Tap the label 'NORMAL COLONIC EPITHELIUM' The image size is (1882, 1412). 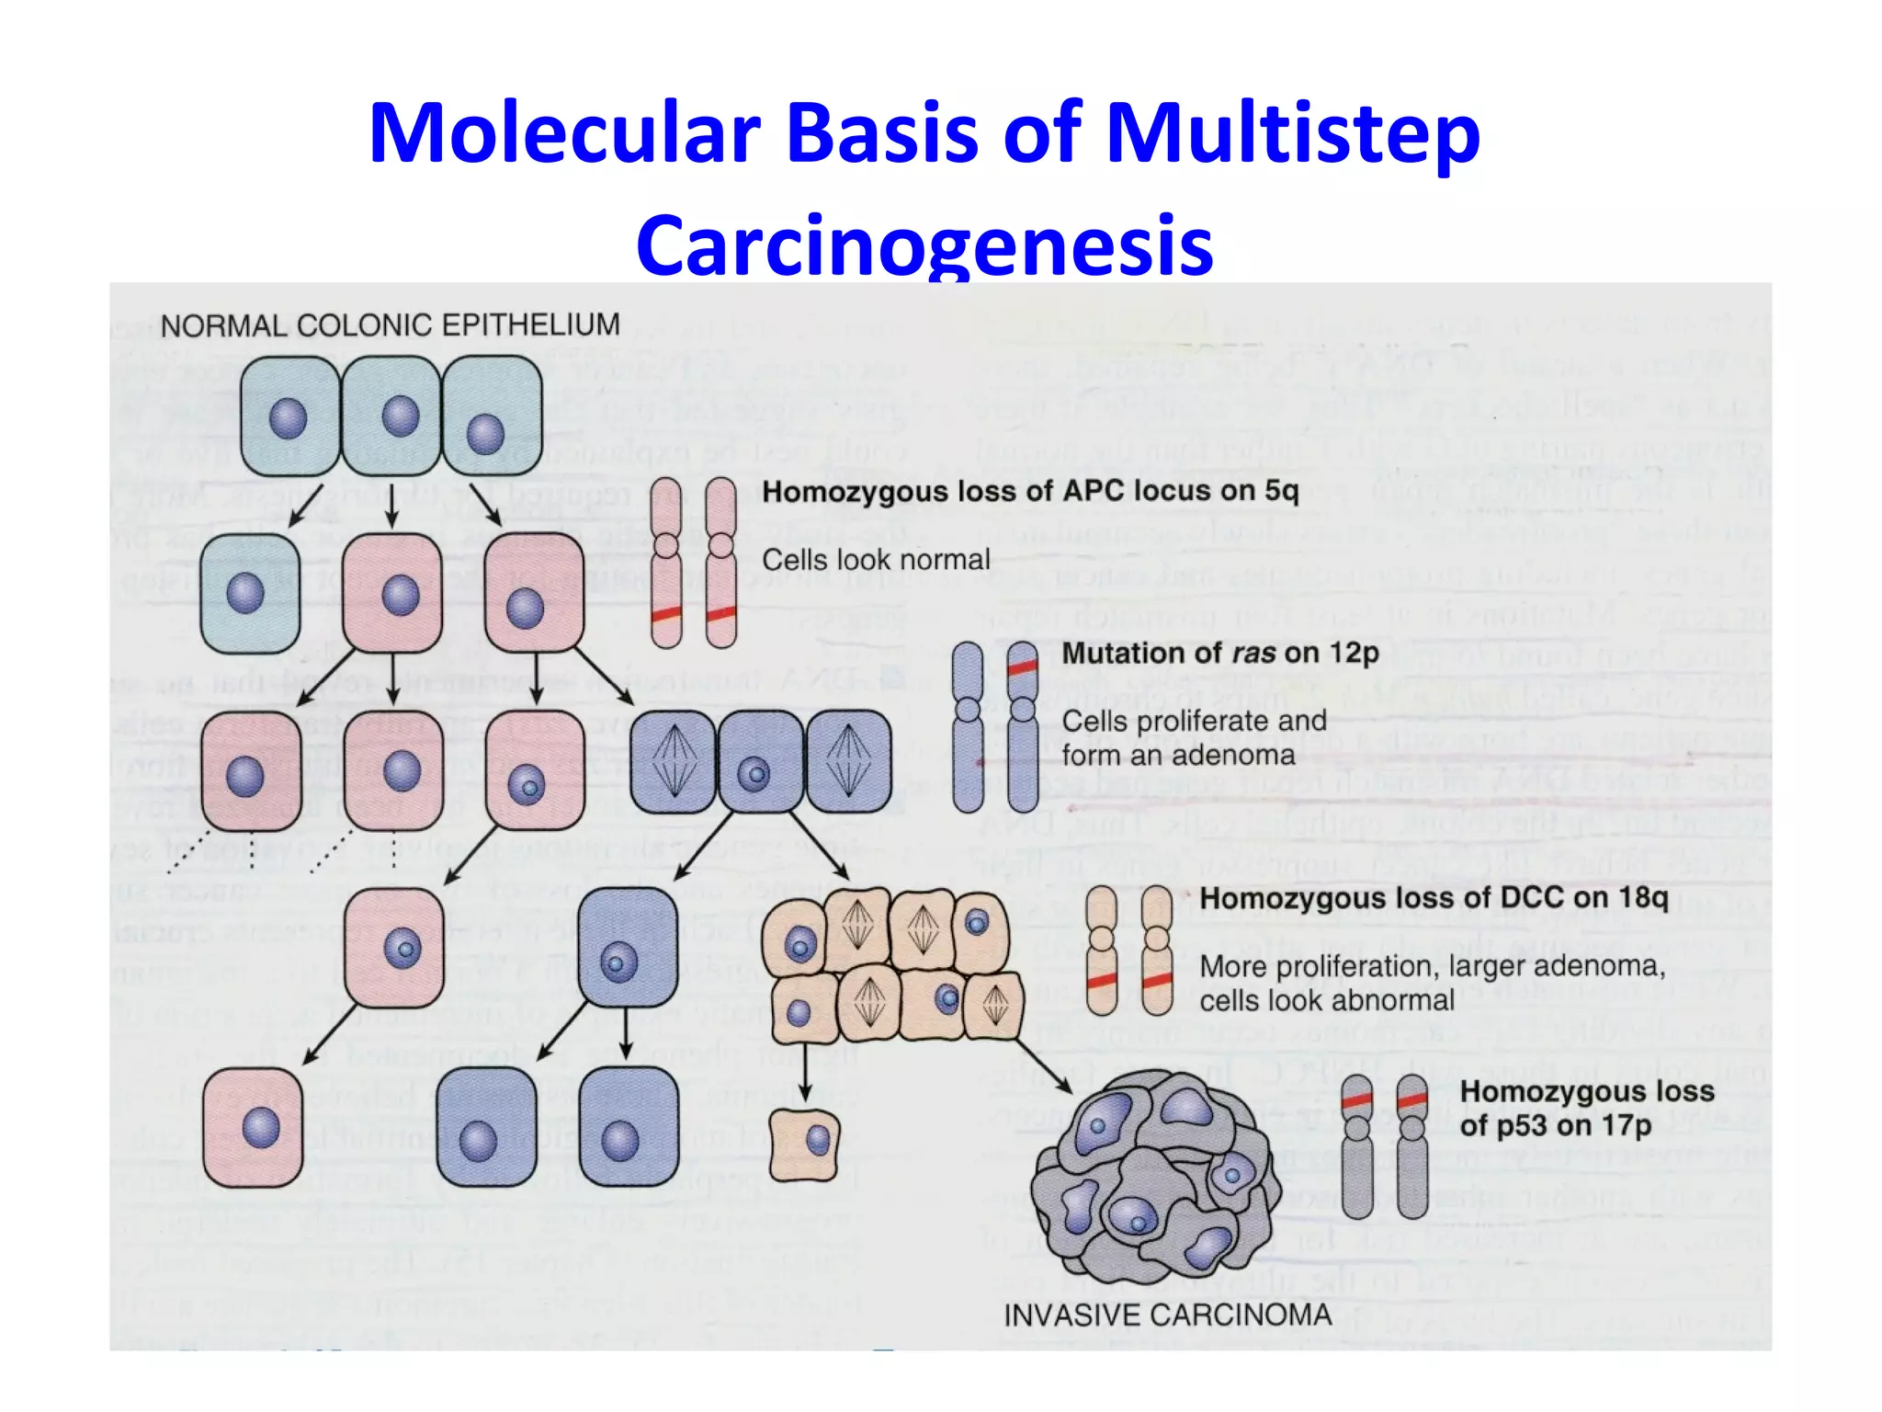point(390,325)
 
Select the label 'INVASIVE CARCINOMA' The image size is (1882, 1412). point(1167,1315)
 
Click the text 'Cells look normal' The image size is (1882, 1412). point(876,559)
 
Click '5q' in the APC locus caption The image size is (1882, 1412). point(1281,491)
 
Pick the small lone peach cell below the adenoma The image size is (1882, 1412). point(804,1144)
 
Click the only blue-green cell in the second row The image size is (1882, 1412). point(250,593)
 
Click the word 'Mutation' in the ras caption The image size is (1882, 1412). point(1117,654)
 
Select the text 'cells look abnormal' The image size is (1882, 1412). point(1326,1000)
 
